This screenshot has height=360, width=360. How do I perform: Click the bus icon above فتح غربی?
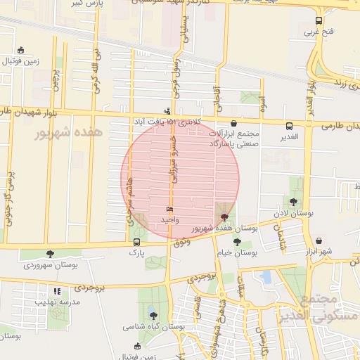click(x=319, y=21)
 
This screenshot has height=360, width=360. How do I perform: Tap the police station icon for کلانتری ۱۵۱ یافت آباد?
click(x=167, y=110)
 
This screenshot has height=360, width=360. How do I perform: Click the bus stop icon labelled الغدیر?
click(x=290, y=126)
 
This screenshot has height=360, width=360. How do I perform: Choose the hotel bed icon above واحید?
click(x=169, y=210)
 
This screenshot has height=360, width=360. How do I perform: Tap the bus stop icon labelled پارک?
click(x=136, y=242)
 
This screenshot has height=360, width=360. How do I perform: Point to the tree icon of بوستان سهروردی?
click(x=49, y=254)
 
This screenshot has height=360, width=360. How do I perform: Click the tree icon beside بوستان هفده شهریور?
click(x=224, y=217)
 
